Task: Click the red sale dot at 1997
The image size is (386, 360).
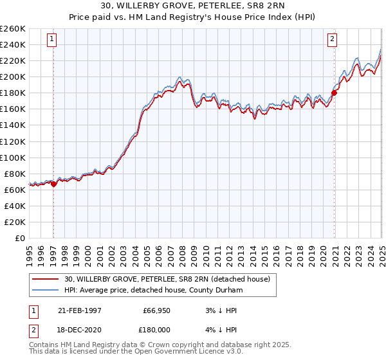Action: click(x=53, y=184)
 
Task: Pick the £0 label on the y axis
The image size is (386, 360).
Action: click(x=21, y=238)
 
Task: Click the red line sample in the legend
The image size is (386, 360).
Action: click(x=46, y=279)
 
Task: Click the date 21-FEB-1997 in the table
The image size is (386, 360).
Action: click(x=80, y=310)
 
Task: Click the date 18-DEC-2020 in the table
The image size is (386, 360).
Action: click(x=80, y=330)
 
